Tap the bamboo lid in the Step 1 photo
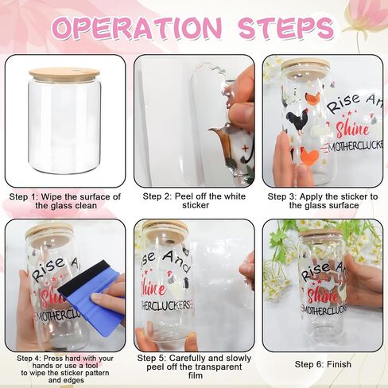click(x=64, y=72)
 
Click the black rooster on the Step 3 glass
click(x=297, y=122)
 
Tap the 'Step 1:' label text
click(x=22, y=197)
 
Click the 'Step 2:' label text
click(x=156, y=196)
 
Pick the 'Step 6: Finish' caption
click(x=323, y=364)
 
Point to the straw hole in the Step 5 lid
click(x=169, y=242)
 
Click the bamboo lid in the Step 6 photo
click(x=321, y=233)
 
